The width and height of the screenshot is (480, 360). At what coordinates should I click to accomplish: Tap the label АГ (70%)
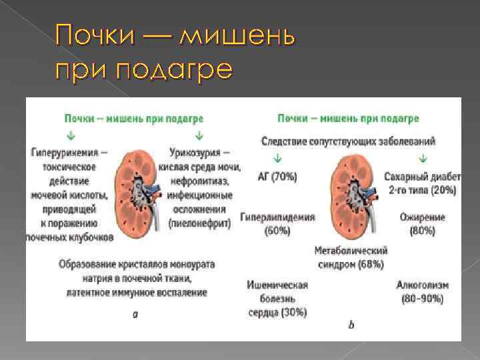277,177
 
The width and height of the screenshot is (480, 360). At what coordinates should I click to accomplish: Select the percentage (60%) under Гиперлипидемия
277,231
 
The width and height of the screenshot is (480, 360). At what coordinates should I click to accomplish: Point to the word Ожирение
422,217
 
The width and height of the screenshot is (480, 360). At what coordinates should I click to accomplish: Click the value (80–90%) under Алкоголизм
422,299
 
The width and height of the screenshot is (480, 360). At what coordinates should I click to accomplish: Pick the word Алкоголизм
422,285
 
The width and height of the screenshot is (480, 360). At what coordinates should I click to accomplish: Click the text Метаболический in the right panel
351,251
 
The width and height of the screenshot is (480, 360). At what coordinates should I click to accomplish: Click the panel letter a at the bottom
135,314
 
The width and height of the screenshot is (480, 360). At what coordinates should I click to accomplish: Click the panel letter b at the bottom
351,325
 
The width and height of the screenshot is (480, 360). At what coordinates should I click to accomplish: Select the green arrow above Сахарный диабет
421,159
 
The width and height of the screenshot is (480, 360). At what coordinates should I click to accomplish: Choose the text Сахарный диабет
422,177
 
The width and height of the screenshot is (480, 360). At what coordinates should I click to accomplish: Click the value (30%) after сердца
293,312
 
